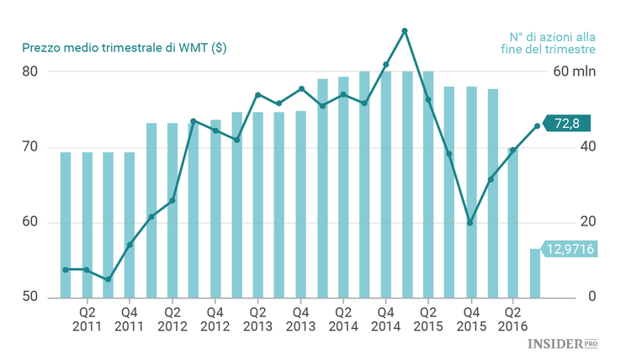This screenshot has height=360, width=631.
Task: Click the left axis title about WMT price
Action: click(x=124, y=47)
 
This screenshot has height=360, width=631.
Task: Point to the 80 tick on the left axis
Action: click(x=29, y=71)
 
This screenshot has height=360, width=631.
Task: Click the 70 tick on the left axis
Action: click(x=29, y=147)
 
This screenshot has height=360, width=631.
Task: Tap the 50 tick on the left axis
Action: click(x=29, y=298)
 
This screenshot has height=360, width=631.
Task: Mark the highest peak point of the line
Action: click(x=406, y=31)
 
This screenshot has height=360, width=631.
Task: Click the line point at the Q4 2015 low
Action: click(x=469, y=223)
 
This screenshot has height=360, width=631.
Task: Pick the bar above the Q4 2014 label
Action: click(x=386, y=184)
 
